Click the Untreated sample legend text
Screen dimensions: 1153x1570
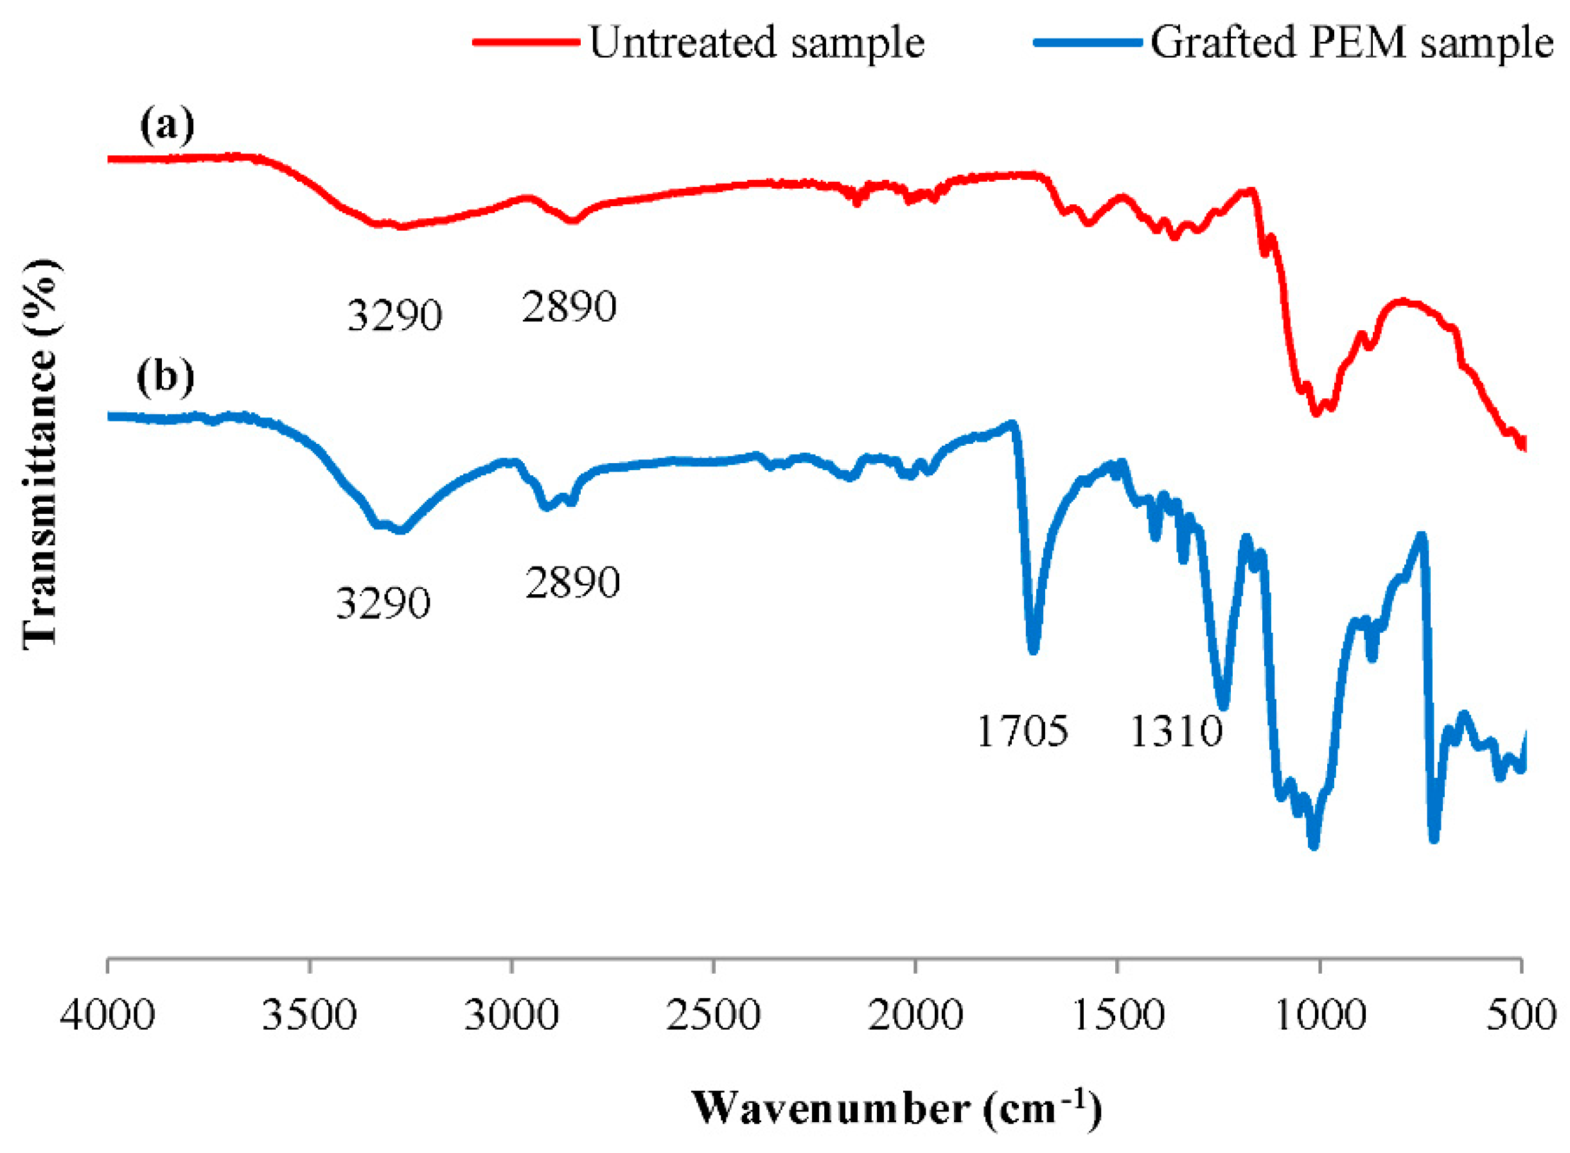(x=757, y=43)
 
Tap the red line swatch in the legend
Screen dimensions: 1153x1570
(x=525, y=42)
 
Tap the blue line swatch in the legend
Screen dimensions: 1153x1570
(x=1086, y=42)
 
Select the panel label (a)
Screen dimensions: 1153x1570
(x=167, y=127)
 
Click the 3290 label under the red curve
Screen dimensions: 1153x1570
(x=394, y=315)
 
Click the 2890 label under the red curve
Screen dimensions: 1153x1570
(x=569, y=307)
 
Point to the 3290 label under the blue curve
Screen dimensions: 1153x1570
(x=384, y=604)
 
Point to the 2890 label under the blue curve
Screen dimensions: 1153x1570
(x=572, y=583)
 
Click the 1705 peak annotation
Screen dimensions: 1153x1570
(x=1022, y=732)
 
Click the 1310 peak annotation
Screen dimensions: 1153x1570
(x=1176, y=732)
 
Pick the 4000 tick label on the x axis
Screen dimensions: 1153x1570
(x=107, y=1016)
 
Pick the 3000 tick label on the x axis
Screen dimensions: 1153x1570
(x=512, y=1016)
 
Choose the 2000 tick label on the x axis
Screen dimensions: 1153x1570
(x=915, y=1016)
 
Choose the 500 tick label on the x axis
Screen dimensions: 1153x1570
(x=1521, y=1016)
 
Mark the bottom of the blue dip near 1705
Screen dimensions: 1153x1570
(x=1033, y=649)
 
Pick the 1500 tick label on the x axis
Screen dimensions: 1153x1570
(x=1118, y=1016)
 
